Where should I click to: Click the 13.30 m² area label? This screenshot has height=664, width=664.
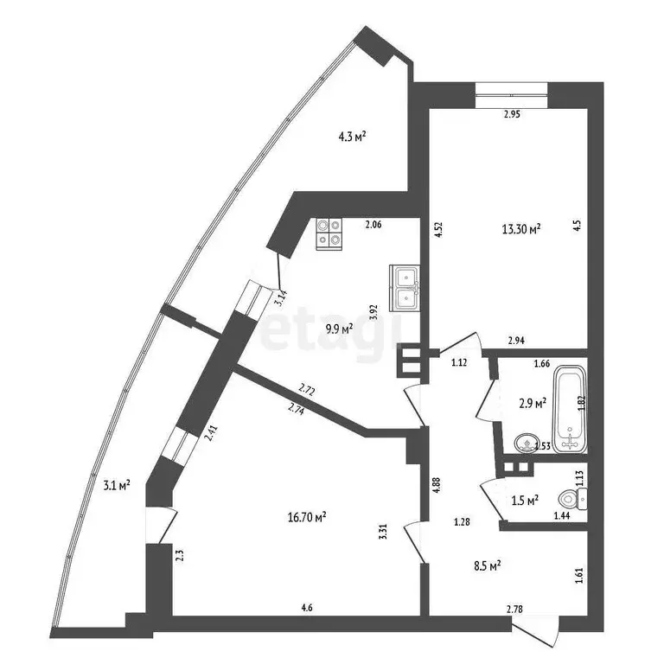click(x=521, y=229)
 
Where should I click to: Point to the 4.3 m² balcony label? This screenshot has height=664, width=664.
click(x=352, y=136)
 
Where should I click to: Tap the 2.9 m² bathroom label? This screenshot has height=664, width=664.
click(x=531, y=403)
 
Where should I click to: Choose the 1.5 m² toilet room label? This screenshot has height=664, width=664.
click(x=526, y=500)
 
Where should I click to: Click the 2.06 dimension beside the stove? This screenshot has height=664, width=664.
click(x=373, y=226)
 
